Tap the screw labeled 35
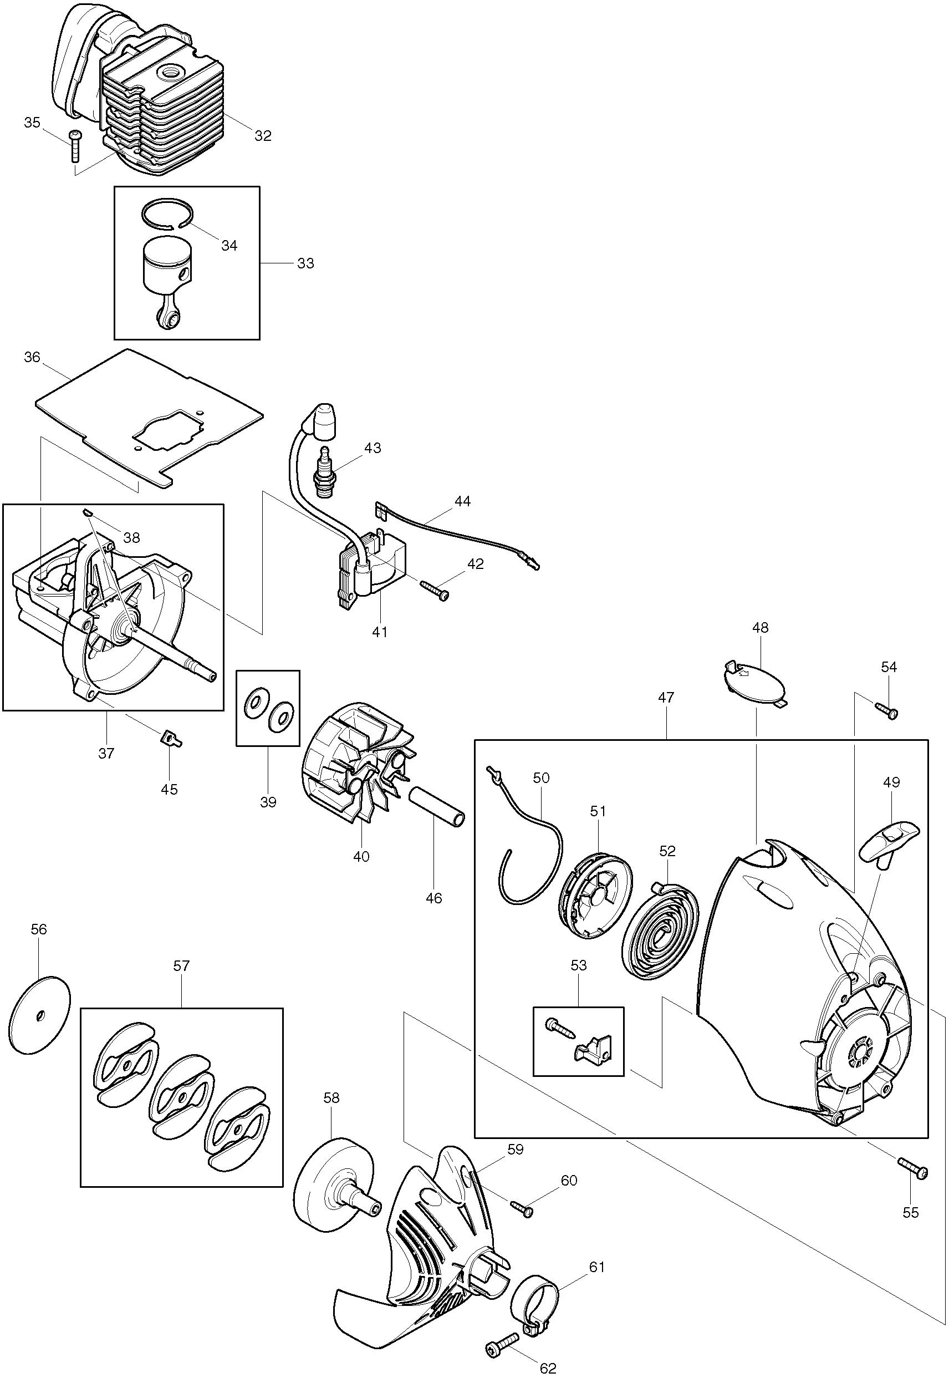[x=74, y=146]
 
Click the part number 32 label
[x=262, y=136]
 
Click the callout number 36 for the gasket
[x=32, y=357]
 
